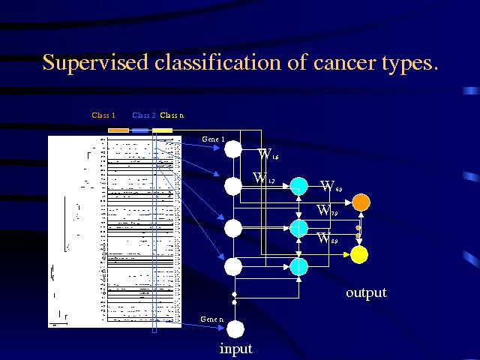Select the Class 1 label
click(103, 115)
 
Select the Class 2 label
click(144, 115)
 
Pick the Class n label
click(172, 115)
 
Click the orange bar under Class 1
click(118, 130)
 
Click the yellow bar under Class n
click(163, 130)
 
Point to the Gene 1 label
click(214, 139)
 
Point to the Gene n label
click(212, 319)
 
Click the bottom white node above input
click(235, 328)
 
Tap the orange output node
click(361, 202)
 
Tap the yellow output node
click(359, 255)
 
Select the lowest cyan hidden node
click(298, 265)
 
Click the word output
click(366, 292)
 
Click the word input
click(235, 349)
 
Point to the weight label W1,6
click(268, 154)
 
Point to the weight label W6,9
click(331, 186)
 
